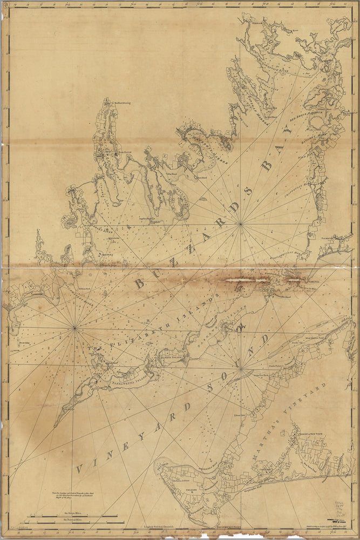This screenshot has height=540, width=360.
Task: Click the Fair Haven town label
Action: [125, 153]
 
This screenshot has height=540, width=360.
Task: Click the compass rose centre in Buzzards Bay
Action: [241, 224]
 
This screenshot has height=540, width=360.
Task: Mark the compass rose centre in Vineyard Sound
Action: [242, 369]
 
